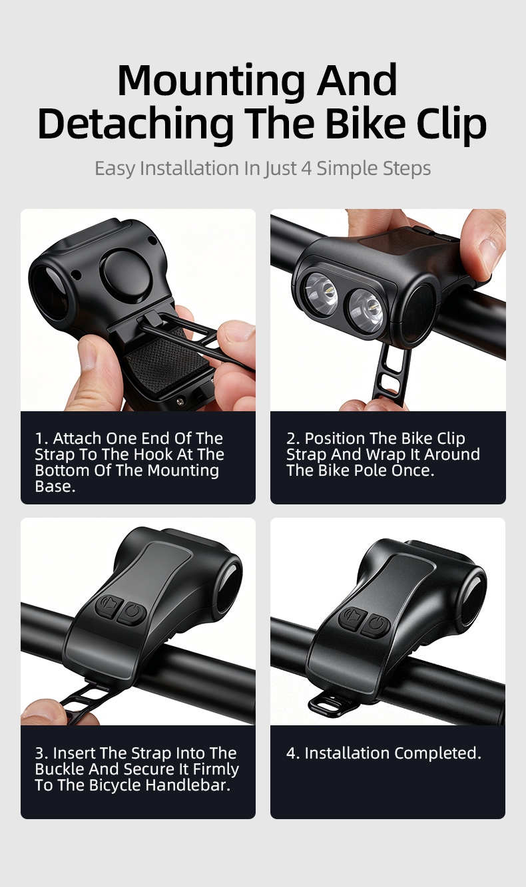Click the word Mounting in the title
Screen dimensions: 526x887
click(211, 81)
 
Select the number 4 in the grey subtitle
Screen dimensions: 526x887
click(306, 168)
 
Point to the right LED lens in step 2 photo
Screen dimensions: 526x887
click(366, 311)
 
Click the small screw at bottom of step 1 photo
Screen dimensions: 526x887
click(181, 401)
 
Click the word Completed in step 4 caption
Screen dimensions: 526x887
click(438, 753)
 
